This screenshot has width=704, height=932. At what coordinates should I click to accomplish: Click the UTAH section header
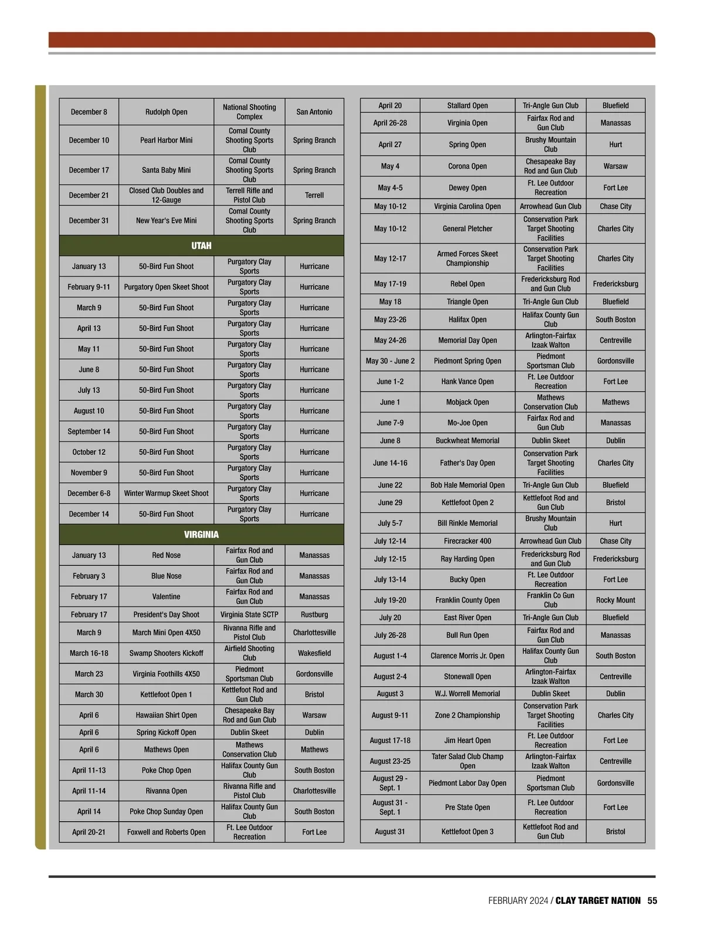click(x=201, y=246)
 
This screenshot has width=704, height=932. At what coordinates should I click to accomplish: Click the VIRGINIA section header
click(x=201, y=535)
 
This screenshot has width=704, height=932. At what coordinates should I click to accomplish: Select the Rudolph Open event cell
click(x=166, y=112)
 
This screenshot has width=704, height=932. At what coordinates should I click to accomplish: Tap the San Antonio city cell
click(x=314, y=112)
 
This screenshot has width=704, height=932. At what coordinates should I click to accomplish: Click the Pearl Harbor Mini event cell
click(x=166, y=140)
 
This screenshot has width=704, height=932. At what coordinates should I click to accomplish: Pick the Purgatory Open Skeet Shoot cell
click(x=166, y=287)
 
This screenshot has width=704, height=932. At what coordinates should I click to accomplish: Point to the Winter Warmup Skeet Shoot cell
click(x=166, y=494)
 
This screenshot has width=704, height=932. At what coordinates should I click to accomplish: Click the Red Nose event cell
click(x=166, y=555)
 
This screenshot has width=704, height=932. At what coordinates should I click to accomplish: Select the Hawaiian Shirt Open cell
click(x=166, y=715)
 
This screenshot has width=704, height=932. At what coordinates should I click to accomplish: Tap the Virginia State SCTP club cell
click(x=249, y=614)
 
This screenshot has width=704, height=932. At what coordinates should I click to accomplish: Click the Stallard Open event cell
click(x=467, y=106)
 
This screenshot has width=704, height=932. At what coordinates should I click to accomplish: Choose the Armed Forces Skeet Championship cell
click(x=467, y=259)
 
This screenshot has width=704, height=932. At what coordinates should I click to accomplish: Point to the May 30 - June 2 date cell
click(x=390, y=361)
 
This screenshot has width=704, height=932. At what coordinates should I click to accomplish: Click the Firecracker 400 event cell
click(x=467, y=541)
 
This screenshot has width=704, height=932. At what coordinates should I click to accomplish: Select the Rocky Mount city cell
click(x=615, y=600)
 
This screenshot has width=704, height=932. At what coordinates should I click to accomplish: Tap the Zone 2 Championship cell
click(x=467, y=715)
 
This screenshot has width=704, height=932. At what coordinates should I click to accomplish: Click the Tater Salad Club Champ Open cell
click(x=467, y=761)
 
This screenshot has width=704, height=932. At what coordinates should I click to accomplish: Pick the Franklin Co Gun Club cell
click(x=550, y=600)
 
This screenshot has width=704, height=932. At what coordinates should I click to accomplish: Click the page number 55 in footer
click(x=652, y=901)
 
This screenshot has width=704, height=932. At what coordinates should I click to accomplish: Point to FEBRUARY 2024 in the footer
click(x=517, y=901)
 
